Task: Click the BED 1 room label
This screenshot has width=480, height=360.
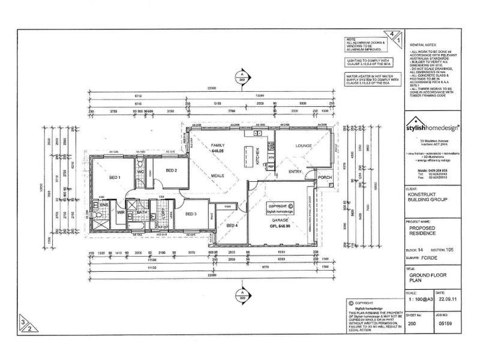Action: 115,178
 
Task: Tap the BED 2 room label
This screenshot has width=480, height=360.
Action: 172,171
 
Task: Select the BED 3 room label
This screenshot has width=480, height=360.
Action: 191,214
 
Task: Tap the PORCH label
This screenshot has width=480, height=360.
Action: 325,178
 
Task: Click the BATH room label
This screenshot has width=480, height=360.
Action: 142,212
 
